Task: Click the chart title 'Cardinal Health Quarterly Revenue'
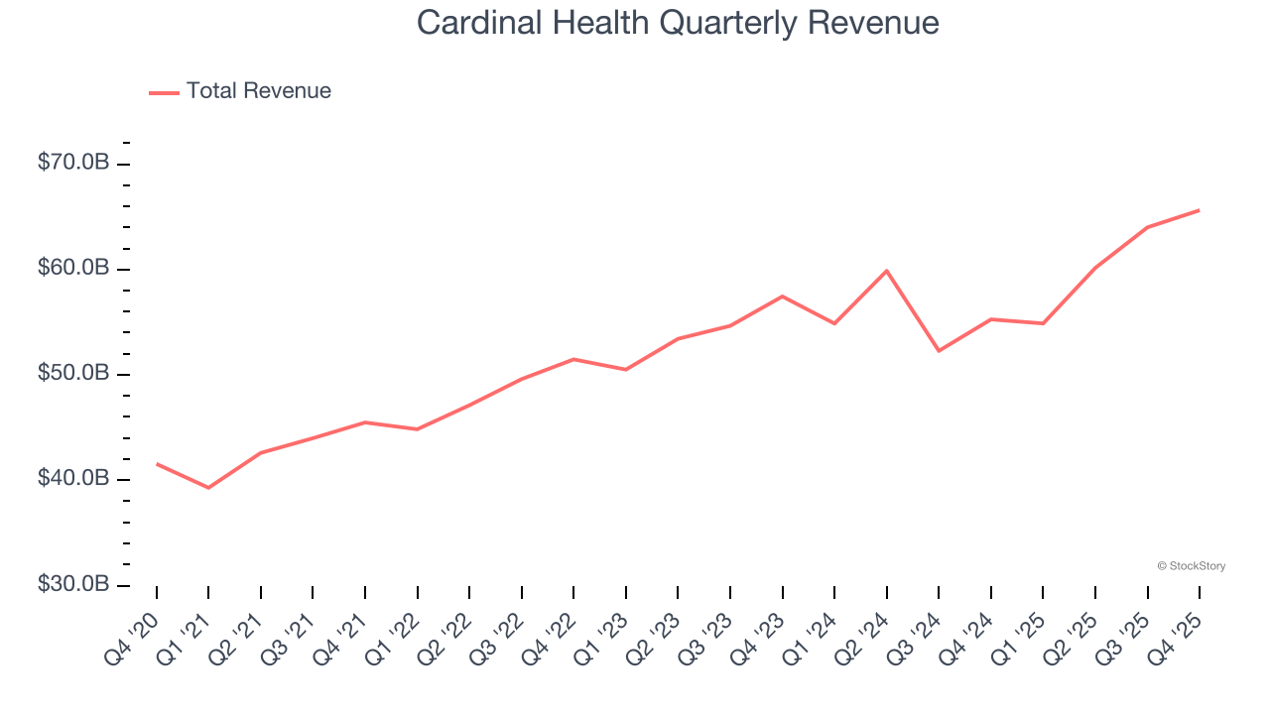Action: pos(678,23)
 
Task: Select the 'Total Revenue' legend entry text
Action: pos(258,91)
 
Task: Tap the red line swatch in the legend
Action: pos(164,92)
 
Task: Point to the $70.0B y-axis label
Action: pos(73,163)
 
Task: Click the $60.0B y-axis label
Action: pos(73,268)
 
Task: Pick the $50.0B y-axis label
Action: pos(73,374)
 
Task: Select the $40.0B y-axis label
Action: pos(73,479)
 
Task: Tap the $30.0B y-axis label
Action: pos(73,584)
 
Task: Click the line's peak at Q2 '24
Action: pos(886,271)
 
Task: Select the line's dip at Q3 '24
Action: pos(939,351)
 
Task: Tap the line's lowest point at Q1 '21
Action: pos(208,488)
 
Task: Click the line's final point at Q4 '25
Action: pos(1199,210)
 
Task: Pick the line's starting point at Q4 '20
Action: pos(157,463)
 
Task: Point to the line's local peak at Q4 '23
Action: pos(782,297)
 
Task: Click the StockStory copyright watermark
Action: pos(1191,566)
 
